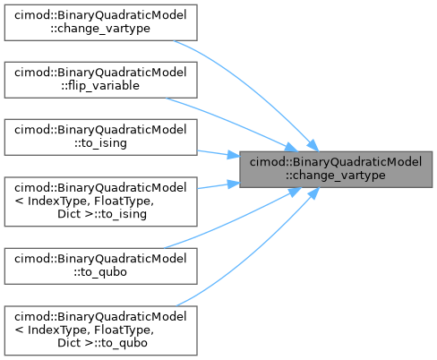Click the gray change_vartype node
tap(336, 169)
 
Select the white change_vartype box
tap(100, 22)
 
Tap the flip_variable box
tap(100, 80)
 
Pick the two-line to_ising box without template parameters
tap(100, 137)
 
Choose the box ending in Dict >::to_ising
tap(100, 201)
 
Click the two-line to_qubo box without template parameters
tap(100, 266)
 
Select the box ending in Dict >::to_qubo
tap(100, 330)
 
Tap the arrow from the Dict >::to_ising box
tap(218, 185)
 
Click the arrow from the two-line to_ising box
tap(218, 153)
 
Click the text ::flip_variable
tap(100, 86)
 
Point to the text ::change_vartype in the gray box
tap(336, 176)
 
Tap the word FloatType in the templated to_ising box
tap(124, 201)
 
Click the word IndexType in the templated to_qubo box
tap(58, 330)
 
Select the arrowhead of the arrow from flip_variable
tap(291, 148)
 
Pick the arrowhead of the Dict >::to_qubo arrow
tap(313, 193)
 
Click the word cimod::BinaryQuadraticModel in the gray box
tap(336, 162)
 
